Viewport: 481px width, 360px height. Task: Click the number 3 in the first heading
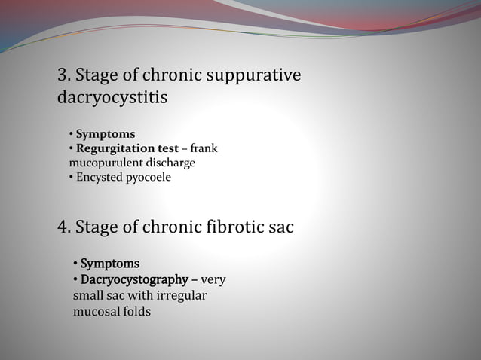click(x=63, y=75)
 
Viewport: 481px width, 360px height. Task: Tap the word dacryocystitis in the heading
click(x=112, y=98)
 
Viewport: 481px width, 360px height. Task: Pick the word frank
click(x=204, y=148)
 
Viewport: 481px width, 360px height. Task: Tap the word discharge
click(x=170, y=163)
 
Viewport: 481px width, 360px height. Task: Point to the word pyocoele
click(x=149, y=177)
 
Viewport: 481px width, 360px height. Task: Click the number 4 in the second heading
click(x=63, y=227)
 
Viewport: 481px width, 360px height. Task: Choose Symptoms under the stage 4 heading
click(x=109, y=264)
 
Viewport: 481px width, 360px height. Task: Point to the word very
click(x=213, y=280)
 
